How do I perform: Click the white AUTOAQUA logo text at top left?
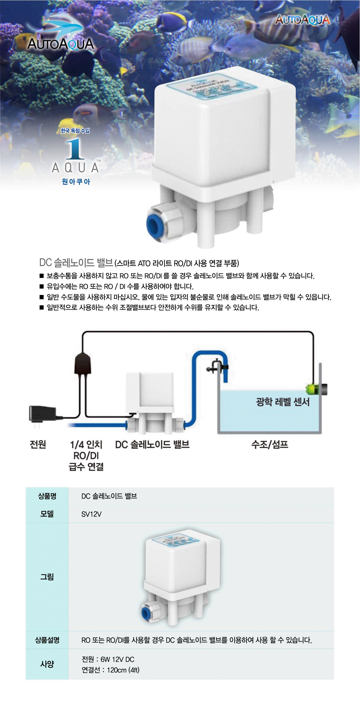[61, 44]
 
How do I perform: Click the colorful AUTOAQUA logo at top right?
[302, 20]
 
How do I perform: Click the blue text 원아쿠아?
[76, 182]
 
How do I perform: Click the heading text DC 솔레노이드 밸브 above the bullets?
[76, 263]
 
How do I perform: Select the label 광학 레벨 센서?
[283, 402]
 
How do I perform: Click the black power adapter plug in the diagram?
[42, 414]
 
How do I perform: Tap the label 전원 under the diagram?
[38, 445]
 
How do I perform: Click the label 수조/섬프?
[270, 445]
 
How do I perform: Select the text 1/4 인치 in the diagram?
[86, 445]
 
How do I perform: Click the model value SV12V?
[91, 514]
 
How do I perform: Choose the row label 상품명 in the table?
[47, 496]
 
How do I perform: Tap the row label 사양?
[47, 664]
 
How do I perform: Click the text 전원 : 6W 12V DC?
[108, 659]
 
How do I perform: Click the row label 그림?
[47, 577]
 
